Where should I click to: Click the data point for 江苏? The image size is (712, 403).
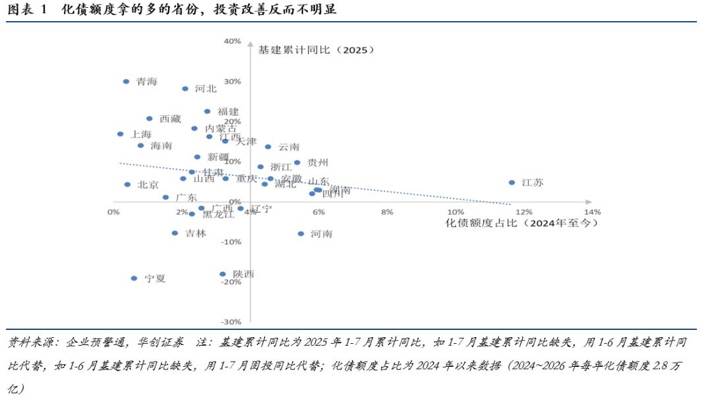512,182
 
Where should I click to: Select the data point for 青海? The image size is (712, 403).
126,82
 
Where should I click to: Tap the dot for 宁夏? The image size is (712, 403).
134,279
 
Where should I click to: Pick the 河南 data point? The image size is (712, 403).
301,234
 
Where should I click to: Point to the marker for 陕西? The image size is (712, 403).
222,274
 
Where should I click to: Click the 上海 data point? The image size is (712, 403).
120,134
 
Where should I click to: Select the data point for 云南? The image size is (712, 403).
268,147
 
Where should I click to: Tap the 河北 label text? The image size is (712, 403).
206,89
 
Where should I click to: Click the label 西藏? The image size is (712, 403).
170,119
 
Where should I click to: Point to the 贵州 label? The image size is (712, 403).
318,163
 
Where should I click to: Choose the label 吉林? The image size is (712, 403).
196,233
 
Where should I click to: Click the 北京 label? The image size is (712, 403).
148,185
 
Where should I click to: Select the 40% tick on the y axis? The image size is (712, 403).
232,41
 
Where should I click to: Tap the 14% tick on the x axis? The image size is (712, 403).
592,212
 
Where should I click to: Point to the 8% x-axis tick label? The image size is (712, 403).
387,212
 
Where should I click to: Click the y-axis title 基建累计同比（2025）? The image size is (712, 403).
316,49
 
